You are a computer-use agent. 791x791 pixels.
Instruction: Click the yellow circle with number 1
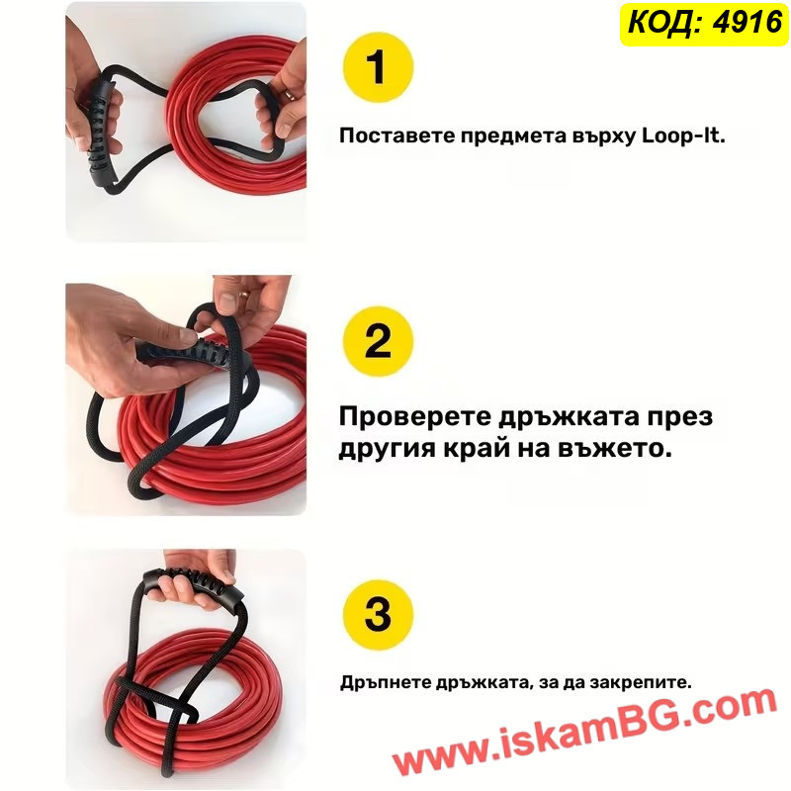pyautogui.click(x=378, y=67)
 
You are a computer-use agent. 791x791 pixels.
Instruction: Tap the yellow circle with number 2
pyautogui.click(x=378, y=341)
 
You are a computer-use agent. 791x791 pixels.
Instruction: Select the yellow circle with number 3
pyautogui.click(x=378, y=615)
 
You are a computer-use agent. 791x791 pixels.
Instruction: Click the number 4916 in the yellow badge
pyautogui.click(x=747, y=23)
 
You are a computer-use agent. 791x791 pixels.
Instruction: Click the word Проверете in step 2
pyautogui.click(x=414, y=417)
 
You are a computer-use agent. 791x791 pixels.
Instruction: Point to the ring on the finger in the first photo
pyautogui.click(x=287, y=94)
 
